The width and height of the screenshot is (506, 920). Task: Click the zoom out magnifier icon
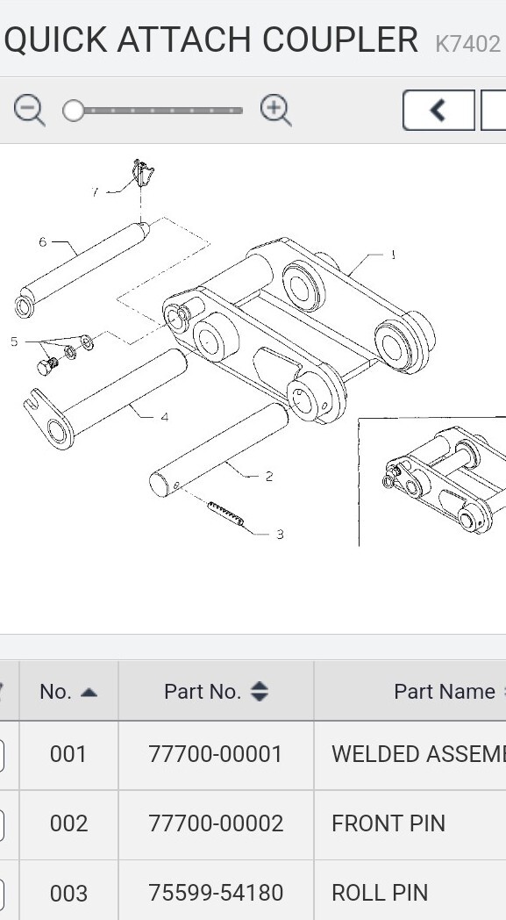click(29, 111)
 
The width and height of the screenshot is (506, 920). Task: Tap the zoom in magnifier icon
click(275, 111)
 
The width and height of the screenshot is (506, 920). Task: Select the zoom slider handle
click(74, 111)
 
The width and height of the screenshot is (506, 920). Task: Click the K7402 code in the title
click(467, 43)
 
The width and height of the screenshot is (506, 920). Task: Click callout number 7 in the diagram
click(95, 191)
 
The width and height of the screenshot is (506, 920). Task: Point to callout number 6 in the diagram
click(42, 241)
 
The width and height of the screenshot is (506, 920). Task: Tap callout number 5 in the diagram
click(14, 341)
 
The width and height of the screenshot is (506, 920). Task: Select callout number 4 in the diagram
click(164, 417)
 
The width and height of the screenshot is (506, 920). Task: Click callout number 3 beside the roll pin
click(280, 534)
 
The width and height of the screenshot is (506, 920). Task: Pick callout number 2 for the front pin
click(268, 476)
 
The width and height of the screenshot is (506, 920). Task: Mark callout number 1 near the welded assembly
click(393, 255)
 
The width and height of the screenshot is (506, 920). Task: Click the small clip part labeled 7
click(142, 173)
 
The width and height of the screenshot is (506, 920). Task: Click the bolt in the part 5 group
click(46, 364)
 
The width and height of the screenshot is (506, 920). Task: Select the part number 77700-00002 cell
click(216, 823)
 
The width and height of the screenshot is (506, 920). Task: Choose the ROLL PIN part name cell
click(380, 893)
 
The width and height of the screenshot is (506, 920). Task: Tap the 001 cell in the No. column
click(68, 754)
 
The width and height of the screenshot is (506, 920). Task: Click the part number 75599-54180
click(216, 893)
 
